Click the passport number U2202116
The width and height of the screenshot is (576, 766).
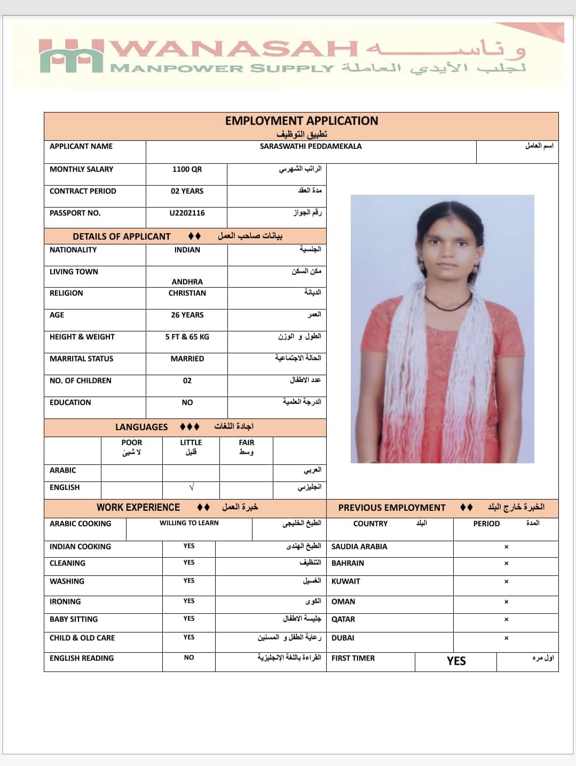187,213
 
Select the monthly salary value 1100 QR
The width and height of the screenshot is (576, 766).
187,169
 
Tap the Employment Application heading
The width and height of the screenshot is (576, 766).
301,121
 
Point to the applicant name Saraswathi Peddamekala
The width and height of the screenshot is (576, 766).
311,146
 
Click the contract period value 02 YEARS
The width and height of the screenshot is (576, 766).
187,191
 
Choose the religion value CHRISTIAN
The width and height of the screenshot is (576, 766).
187,293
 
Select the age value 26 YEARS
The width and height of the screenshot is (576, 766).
187,315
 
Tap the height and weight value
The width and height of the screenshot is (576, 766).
187,337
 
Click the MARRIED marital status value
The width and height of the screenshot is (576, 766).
187,359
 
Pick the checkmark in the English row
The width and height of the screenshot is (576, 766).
191,487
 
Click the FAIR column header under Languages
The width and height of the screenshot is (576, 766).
247,443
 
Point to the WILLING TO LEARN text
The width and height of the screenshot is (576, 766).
189,523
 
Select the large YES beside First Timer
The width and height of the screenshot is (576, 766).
456,661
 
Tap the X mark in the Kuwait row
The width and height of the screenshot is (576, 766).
506,581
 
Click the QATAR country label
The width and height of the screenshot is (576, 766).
343,619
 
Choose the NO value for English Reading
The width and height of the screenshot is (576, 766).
189,658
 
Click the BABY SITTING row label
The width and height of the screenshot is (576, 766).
74,619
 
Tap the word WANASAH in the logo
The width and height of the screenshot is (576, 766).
235,50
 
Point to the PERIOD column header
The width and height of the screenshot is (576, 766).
486,524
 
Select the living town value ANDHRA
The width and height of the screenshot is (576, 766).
187,282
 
